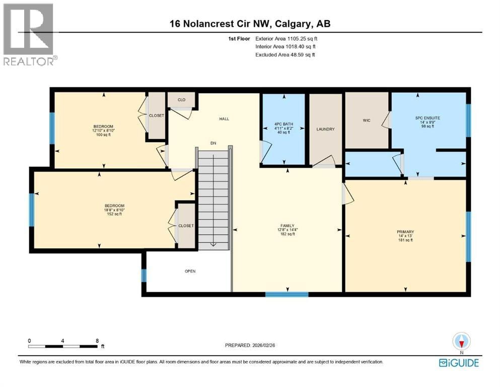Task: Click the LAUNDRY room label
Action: tap(325, 129)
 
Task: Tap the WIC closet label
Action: tap(367, 120)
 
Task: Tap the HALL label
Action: tap(224, 119)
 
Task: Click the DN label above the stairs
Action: tap(213, 143)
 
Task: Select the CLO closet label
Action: tap(181, 100)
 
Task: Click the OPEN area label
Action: tap(190, 271)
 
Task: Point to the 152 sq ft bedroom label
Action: tap(114, 210)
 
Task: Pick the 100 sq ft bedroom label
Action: tap(103, 131)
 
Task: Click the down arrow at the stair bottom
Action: tap(213, 245)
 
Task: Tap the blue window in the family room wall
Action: tap(287, 294)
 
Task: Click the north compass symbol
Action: tap(461, 342)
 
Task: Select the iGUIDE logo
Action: tap(459, 363)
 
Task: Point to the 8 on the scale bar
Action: tap(97, 341)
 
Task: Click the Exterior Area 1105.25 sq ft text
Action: tap(286, 39)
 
